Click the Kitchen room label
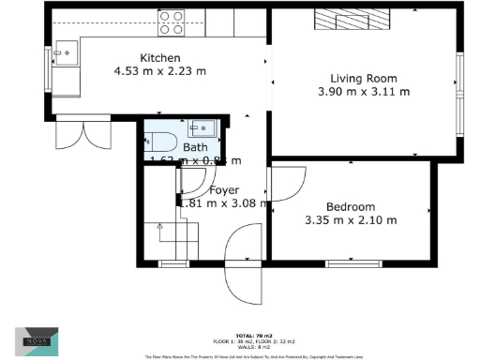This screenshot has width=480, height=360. tap(155, 57)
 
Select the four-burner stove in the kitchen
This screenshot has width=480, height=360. tap(171, 22)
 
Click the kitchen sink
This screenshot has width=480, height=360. tap(67, 52)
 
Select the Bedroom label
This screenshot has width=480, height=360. tap(351, 207)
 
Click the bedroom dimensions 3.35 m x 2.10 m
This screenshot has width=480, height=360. tap(351, 220)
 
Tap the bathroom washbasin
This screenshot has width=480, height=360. tap(201, 129)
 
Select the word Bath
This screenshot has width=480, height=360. tap(196, 148)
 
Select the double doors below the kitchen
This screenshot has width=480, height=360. tap(75, 137)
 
